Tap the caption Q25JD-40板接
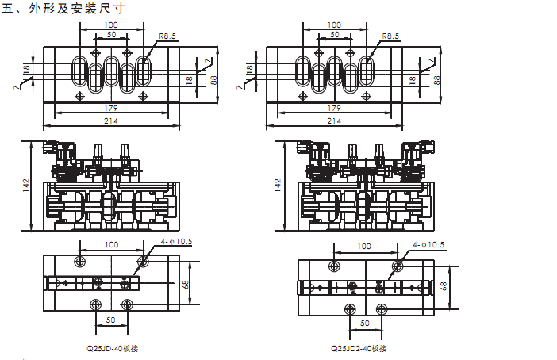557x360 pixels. pos(117,347)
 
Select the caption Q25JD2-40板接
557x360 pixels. pos(359,347)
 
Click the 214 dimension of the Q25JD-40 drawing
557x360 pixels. pos(112,121)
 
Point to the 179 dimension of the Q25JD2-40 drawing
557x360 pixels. pos(334,108)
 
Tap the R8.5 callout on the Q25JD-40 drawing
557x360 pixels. pos(167,36)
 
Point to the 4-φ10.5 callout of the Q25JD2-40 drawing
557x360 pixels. pos(428,244)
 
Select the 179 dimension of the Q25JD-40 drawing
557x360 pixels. pos(112,108)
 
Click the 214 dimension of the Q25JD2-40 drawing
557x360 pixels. pos(334,121)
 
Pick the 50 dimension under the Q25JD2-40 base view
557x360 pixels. pos(364,324)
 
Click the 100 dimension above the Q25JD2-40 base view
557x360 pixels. pos(364,246)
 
